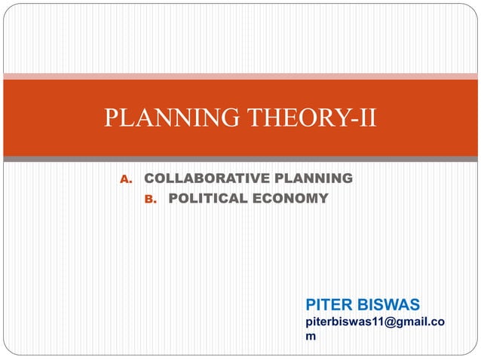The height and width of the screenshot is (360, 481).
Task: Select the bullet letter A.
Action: (126, 179)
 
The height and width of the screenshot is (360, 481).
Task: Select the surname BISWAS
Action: (390, 304)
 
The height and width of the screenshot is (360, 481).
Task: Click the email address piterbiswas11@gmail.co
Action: (374, 322)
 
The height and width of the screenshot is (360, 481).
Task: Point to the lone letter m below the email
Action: (310, 336)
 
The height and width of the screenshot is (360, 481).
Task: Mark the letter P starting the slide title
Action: (112, 119)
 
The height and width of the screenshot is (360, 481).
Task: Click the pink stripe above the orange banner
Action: (240, 75)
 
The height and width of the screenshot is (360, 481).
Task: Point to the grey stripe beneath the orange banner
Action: (240, 159)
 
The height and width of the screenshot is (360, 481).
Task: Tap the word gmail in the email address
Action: (411, 322)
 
